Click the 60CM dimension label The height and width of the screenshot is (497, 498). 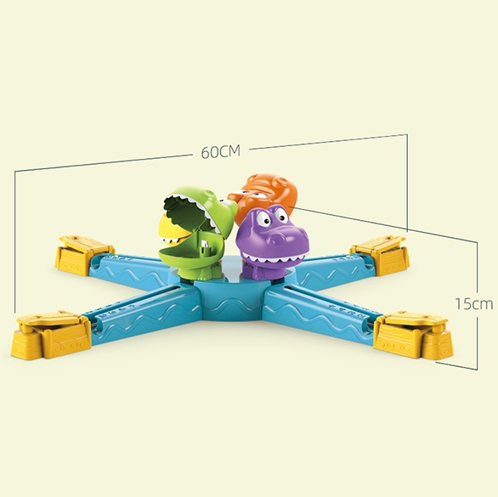[221, 151]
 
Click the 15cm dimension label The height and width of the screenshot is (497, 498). [474, 304]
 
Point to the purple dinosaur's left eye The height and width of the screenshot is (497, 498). [263, 218]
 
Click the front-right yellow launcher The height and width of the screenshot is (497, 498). [413, 334]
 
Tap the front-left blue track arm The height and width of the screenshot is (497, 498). [143, 313]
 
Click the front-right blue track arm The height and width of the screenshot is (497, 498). [320, 313]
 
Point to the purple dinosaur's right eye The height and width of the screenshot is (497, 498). [280, 214]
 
